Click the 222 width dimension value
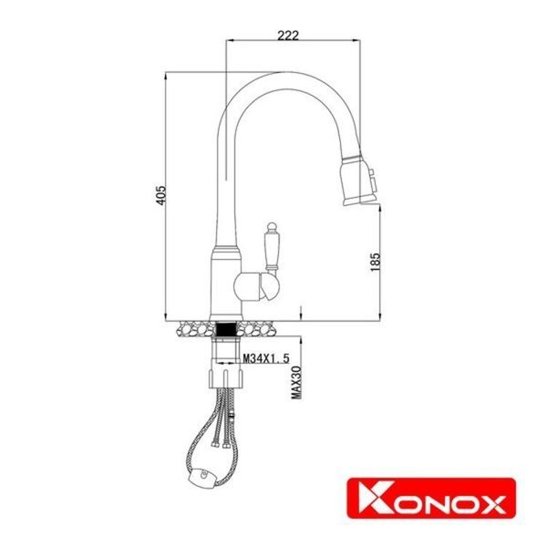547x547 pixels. (x=287, y=35)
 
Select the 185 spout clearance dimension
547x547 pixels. (x=374, y=261)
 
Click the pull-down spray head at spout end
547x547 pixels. (x=355, y=180)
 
